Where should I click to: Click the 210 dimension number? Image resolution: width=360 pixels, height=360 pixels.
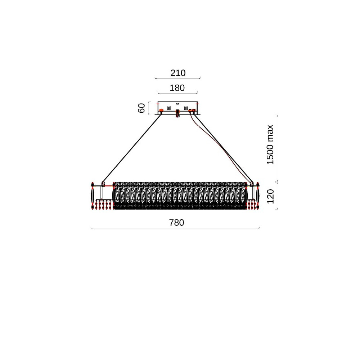tap(178, 73)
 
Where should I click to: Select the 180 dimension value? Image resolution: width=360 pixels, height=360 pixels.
tap(177, 88)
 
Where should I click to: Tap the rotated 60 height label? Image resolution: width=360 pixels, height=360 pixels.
tap(141, 108)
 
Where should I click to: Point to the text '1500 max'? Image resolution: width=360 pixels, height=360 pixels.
tap(270, 145)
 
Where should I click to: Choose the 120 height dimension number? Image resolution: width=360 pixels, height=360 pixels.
tap(270, 196)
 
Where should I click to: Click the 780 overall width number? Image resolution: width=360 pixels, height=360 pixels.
tap(176, 223)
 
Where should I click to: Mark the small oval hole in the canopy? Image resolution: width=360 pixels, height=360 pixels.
tap(177, 104)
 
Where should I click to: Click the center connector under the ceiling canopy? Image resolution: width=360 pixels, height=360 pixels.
tap(177, 113)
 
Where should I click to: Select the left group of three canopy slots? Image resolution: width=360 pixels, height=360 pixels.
tap(169, 108)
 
